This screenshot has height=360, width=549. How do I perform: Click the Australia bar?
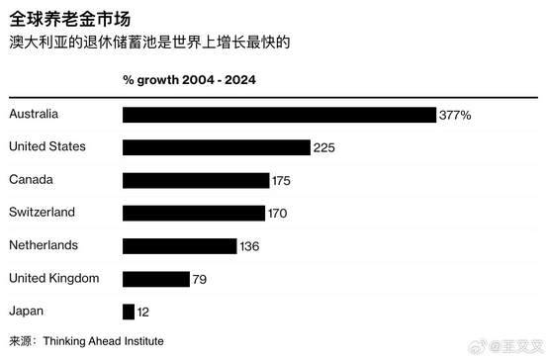(x=279, y=115)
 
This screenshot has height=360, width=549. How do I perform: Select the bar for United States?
(x=217, y=147)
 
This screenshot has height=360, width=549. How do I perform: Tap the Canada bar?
(x=196, y=180)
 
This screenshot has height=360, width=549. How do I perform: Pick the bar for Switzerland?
(x=194, y=214)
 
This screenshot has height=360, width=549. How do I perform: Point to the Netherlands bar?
(x=180, y=246)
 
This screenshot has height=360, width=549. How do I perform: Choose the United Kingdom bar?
(x=156, y=279)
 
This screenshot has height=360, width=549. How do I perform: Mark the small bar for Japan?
(x=129, y=312)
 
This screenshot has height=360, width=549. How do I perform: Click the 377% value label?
(x=455, y=115)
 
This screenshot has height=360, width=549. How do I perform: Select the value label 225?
(x=324, y=147)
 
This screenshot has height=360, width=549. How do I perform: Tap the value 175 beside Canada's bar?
(x=281, y=181)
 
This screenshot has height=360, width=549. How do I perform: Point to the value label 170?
(x=277, y=214)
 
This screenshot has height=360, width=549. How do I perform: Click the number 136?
(x=249, y=246)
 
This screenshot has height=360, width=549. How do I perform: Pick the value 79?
(x=200, y=279)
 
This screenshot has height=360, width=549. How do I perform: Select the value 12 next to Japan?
(x=142, y=312)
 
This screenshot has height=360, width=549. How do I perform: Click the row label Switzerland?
(x=42, y=212)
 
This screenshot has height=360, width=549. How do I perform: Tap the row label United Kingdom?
(x=54, y=278)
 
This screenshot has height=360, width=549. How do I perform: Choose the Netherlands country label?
(x=44, y=245)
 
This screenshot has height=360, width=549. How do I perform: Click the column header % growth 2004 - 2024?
(x=189, y=80)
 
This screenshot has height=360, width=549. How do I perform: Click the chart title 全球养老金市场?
(x=70, y=19)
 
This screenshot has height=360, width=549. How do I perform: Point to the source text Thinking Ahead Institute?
(x=103, y=341)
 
